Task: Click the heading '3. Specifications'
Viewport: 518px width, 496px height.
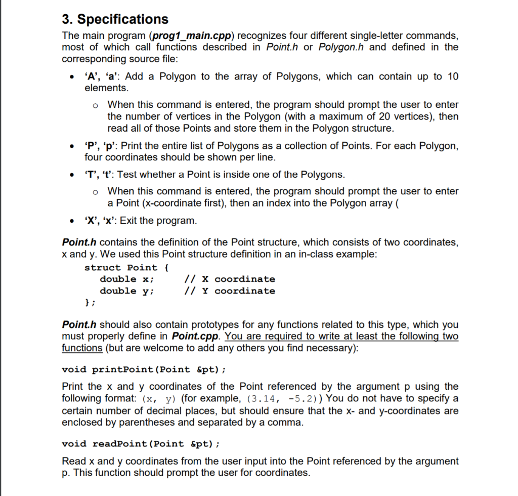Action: [x=115, y=19]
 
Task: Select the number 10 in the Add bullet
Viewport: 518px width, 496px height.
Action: [x=453, y=76]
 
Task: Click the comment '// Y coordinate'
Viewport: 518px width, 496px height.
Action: [x=230, y=291]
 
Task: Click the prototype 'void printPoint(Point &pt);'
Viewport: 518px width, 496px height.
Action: [x=144, y=369]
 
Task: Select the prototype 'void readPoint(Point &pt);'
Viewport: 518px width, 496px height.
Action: [x=141, y=444]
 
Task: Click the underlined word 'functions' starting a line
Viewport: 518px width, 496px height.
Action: [x=82, y=348]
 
